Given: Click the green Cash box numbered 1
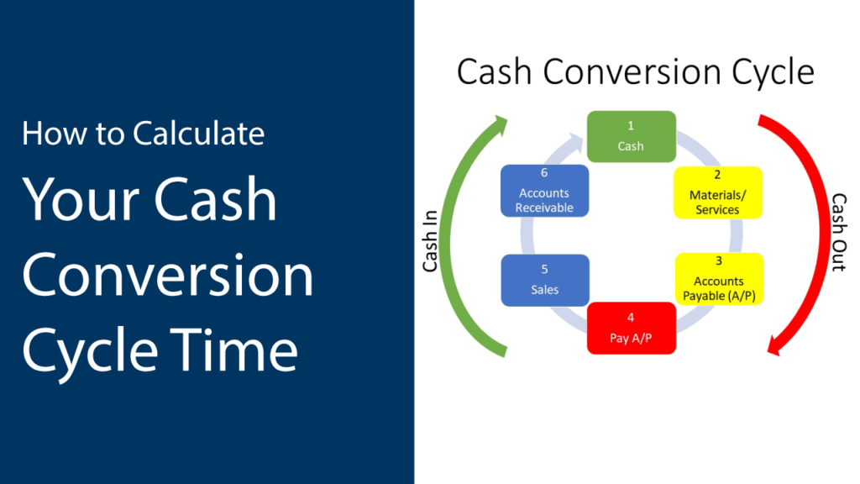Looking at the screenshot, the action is tap(632, 137).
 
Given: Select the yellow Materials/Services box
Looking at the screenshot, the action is tap(718, 192).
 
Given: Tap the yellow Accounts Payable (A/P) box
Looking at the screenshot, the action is tap(719, 279).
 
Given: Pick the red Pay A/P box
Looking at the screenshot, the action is tap(632, 329).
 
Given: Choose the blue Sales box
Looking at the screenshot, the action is tap(545, 280).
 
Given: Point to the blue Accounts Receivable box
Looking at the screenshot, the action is tap(544, 191).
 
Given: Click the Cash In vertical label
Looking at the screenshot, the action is tap(431, 241).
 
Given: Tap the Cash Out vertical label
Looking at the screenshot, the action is tap(839, 232).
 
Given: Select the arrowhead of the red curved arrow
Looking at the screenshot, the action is tap(774, 345).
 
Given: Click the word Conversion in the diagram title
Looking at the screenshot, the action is tap(631, 72).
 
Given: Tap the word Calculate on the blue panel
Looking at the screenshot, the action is tap(198, 134).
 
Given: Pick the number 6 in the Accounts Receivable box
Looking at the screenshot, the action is tap(544, 173).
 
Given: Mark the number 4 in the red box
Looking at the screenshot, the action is tap(631, 318).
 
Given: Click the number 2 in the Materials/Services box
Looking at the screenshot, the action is tap(717, 175).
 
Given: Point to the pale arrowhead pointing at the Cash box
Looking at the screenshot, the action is tap(576, 141).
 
